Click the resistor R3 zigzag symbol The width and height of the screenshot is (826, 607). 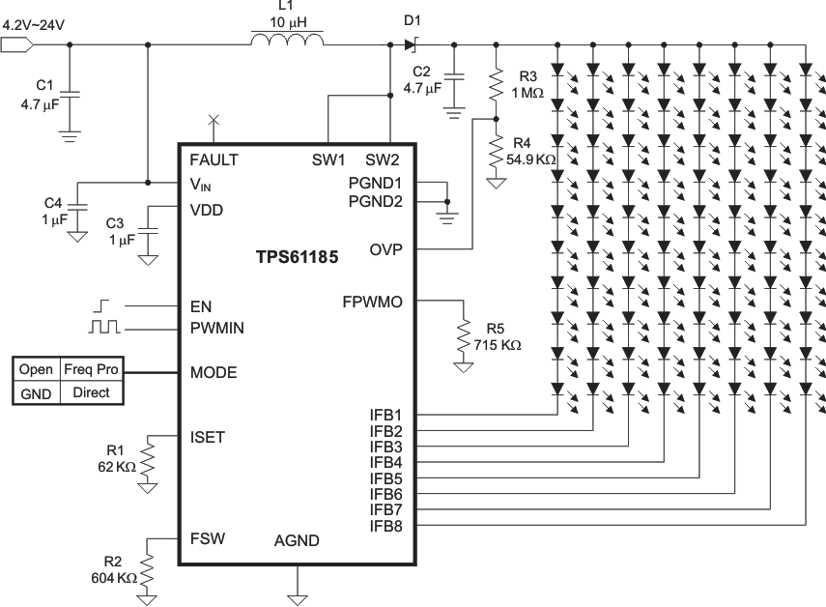pyautogui.click(x=495, y=84)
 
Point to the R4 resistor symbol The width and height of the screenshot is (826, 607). pyautogui.click(x=495, y=153)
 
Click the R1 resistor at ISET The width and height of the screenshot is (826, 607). pyautogui.click(x=147, y=458)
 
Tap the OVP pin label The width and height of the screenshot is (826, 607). pyautogui.click(x=385, y=249)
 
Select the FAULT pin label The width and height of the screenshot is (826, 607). pyautogui.click(x=214, y=159)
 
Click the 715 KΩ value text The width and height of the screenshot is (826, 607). pyautogui.click(x=497, y=344)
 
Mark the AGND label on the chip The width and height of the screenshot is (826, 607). pyautogui.click(x=297, y=541)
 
